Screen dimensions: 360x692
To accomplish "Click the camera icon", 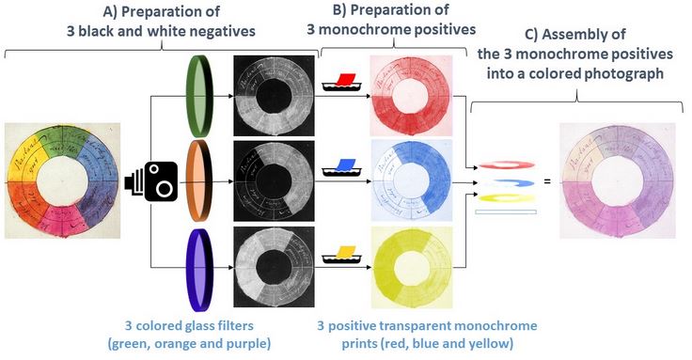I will click(x=152, y=180).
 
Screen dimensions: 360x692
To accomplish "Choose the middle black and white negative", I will click(x=273, y=180).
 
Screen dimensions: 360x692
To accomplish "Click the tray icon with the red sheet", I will click(x=341, y=82).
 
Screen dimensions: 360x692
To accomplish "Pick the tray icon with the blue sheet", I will click(x=341, y=169).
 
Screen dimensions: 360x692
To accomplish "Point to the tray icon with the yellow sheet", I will click(x=341, y=255).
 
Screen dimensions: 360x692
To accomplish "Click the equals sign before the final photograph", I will click(x=546, y=180).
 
